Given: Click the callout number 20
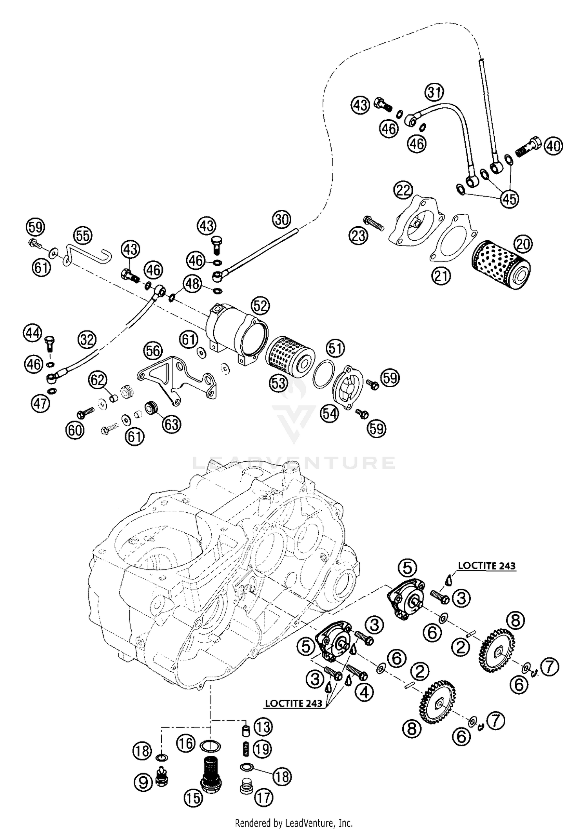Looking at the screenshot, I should (x=523, y=244).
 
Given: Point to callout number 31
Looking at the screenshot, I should (x=434, y=93).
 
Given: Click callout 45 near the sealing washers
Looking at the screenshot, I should (x=509, y=199).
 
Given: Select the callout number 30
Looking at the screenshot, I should (x=281, y=220).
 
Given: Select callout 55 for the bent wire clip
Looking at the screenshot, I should (x=83, y=236).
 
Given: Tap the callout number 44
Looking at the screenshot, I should (x=33, y=333).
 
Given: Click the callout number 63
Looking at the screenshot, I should (x=172, y=424).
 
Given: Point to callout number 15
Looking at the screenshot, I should (x=193, y=798).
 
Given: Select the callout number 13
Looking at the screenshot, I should (x=263, y=727).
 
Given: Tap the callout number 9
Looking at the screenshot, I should (x=143, y=783).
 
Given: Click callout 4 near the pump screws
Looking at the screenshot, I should (x=364, y=693).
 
